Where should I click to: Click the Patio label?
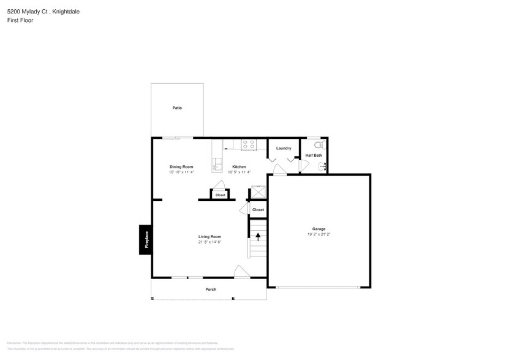point(177,108)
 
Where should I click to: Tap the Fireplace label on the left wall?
point(146,239)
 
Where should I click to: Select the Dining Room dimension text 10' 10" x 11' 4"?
point(181,172)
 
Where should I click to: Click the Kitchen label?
point(239,167)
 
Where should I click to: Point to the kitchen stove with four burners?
point(249,145)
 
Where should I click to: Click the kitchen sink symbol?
point(216,165)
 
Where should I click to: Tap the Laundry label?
point(284,148)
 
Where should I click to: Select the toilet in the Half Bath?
point(317,145)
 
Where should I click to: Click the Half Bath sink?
point(322,166)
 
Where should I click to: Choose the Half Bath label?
point(314,156)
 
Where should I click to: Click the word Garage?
point(319,229)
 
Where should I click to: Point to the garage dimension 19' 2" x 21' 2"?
point(319,234)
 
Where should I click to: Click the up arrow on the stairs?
point(258,236)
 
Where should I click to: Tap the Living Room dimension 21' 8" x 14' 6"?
point(209,242)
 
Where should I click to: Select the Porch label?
point(211,290)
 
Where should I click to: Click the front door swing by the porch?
point(241,272)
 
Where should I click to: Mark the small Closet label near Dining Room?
point(220,195)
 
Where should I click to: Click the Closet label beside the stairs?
point(258,209)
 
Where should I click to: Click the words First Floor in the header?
point(21,20)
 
